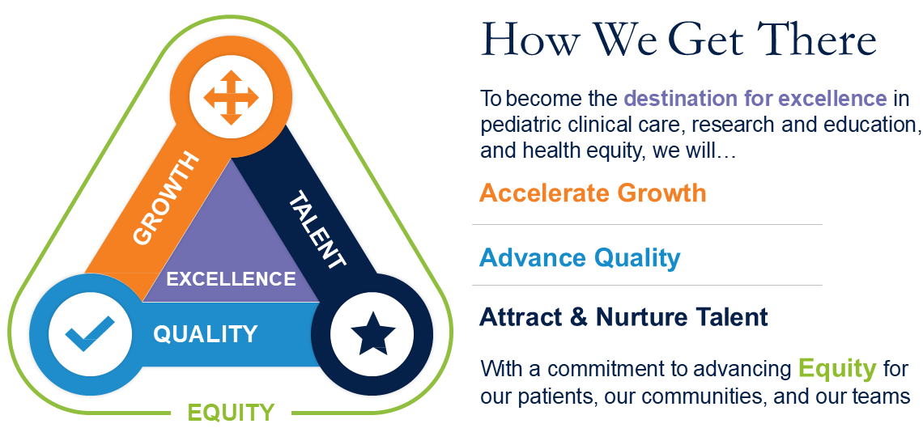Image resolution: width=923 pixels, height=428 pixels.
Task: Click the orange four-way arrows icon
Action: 232,98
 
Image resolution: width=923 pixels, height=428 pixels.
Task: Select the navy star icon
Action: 372,333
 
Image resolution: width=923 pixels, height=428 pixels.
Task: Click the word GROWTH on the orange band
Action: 165,198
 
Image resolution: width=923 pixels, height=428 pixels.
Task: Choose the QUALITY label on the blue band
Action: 206,334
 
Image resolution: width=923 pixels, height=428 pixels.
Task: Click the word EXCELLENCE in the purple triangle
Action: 232,278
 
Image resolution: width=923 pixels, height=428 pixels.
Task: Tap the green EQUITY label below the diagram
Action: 232,413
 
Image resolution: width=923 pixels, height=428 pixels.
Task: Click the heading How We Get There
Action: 678,39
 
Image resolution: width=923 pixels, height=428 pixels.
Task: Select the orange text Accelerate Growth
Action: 593,193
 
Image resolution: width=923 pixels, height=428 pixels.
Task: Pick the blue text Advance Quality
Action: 580,257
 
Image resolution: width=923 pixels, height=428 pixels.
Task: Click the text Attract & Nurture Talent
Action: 624,317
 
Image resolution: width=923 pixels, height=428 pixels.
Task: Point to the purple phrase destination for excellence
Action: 755,98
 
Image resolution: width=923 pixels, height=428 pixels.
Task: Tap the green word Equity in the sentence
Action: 838,369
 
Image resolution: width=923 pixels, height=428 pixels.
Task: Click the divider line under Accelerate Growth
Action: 648,225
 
